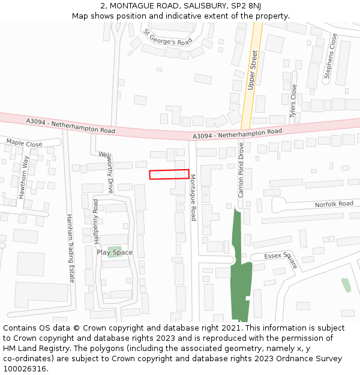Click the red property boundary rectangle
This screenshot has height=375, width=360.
coord(169,174)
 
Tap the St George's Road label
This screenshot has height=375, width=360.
coord(167,37)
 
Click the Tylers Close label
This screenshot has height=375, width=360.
coord(293,100)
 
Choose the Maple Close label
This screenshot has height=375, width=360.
coord(24,144)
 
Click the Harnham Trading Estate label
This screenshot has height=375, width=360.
coord(70,248)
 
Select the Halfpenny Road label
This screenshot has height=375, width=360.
coord(95,221)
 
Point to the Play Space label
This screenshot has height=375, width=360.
coord(115,253)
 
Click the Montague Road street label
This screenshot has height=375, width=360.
coord(193,197)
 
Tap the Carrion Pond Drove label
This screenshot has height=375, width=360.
coord(241,170)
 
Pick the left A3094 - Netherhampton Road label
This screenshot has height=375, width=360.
coord(70,126)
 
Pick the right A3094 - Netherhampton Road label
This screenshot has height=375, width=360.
coord(238,134)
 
